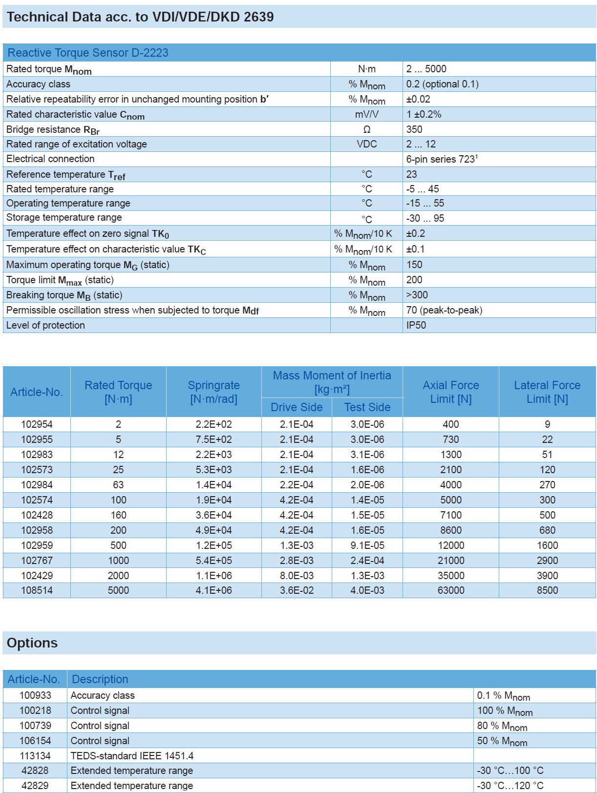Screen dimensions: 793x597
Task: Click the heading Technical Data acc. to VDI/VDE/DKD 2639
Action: pos(140,17)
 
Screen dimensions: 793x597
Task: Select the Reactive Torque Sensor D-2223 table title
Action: pos(88,53)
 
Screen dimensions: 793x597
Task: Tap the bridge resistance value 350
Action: pos(414,129)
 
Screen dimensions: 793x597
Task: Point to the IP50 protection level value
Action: pos(416,325)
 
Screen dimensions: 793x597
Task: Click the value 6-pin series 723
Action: pos(441,159)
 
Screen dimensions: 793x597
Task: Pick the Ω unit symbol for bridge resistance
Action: pos(367,129)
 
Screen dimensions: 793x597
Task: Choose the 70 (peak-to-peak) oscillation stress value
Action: pos(444,310)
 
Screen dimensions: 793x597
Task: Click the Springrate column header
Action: pos(213,392)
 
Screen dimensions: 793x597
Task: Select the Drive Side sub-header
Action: pos(297,407)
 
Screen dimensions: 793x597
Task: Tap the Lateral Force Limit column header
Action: pos(547,392)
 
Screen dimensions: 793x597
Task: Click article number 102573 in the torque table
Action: pos(37,470)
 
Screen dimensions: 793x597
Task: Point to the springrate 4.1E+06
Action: pos(213,590)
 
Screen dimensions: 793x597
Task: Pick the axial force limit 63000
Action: pos(450,590)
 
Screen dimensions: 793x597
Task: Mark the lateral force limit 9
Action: pos(547,424)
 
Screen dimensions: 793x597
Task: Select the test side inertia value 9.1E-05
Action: pos(367,545)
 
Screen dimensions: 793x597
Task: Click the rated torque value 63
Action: pos(118,485)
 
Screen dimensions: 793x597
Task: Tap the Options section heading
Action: pos(32,643)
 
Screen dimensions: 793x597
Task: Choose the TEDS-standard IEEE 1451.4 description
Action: pos(132,756)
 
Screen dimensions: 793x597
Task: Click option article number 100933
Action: pos(35,695)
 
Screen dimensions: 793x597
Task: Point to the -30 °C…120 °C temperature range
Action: pos(510,786)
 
